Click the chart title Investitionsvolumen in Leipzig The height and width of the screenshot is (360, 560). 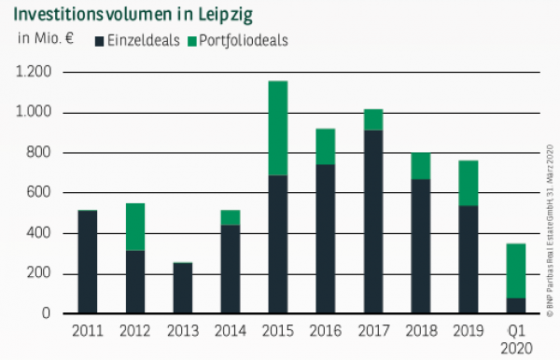point(133,16)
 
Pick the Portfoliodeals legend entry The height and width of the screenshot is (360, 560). point(237,41)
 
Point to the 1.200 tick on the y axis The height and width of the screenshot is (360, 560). point(34,73)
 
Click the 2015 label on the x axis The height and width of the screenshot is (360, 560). point(276,331)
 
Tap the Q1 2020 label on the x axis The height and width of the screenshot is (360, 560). point(514,339)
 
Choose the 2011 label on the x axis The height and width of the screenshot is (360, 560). point(88,331)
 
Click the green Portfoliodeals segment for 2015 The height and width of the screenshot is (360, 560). point(277,128)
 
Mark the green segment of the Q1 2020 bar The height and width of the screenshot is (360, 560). point(514,270)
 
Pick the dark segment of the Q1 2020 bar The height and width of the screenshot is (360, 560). point(514,306)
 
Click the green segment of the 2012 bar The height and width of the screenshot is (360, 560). point(135,227)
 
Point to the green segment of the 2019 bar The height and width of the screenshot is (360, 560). point(467,183)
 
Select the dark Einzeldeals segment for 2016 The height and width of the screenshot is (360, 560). point(325,239)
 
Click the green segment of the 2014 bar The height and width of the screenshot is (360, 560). point(230,217)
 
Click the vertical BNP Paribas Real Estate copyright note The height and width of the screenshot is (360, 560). point(550,224)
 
